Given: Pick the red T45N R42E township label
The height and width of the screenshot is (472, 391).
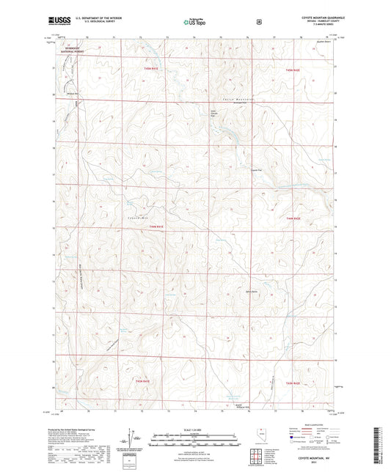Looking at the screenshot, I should (293, 69).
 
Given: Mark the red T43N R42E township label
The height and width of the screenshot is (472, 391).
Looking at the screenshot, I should (293, 383).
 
